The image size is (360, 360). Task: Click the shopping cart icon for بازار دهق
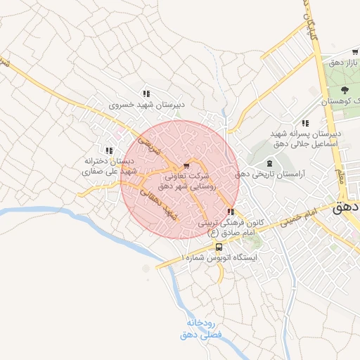pyautogui.click(x=355, y=52)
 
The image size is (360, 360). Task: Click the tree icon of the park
pyautogui.click(x=345, y=90)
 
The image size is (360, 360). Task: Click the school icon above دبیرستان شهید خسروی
pyautogui.click(x=146, y=93)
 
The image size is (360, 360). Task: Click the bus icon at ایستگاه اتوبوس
pyautogui.click(x=219, y=247)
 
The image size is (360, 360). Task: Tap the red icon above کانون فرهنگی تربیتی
pyautogui.click(x=231, y=212)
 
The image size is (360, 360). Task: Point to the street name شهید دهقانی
pyautogui.click(x=160, y=201)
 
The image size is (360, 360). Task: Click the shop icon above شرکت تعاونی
pyautogui.click(x=186, y=166)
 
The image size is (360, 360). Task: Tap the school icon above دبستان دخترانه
pyautogui.click(x=108, y=150)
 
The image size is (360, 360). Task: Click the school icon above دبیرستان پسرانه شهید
pyautogui.click(x=304, y=123)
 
